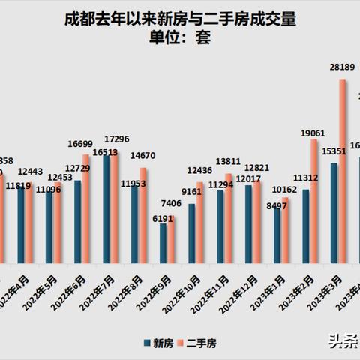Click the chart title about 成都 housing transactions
click(180, 20)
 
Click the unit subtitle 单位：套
click(180, 39)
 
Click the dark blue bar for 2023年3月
click(334, 213)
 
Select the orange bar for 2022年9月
click(171, 239)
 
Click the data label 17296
click(121, 139)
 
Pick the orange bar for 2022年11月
click(228, 217)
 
